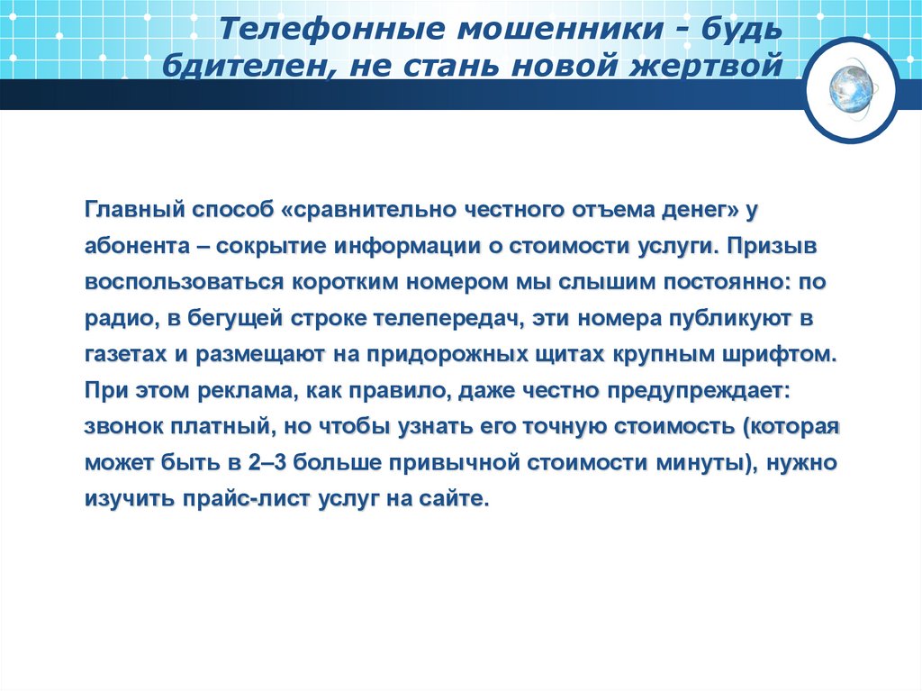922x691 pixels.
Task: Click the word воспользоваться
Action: pos(184,282)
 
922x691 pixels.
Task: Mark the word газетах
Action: pos(122,353)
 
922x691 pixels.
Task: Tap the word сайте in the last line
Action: pos(456,497)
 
